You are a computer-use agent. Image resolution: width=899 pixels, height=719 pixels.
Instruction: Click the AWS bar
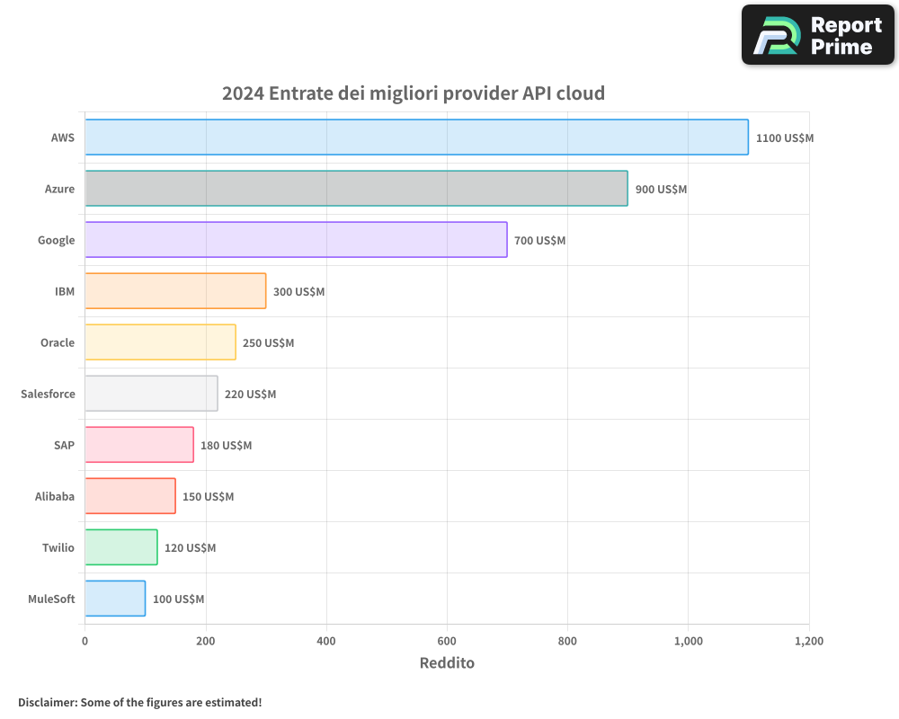[x=416, y=138]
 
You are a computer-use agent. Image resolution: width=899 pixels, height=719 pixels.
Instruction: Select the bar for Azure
[x=356, y=189]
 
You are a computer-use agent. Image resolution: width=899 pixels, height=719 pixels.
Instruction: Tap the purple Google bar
[x=296, y=240]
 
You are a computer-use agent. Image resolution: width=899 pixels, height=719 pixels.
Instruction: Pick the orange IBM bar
[x=175, y=291]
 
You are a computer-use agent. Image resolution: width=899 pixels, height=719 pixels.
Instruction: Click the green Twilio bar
[x=121, y=547]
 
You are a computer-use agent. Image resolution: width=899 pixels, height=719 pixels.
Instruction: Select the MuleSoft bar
[x=115, y=599]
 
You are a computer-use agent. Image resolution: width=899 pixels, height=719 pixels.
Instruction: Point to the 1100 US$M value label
[x=784, y=138]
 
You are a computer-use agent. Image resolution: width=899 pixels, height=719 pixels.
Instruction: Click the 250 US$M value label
[x=268, y=343]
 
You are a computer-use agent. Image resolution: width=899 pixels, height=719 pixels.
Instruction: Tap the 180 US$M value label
[x=226, y=446]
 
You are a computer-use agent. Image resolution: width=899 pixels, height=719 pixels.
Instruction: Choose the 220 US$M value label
[x=250, y=395]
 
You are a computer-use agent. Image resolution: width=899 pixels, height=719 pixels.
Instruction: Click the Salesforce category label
[x=48, y=394]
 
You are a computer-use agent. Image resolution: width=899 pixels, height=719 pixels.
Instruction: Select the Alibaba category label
[x=55, y=496]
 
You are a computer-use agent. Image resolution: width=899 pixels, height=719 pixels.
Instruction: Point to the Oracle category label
[x=58, y=342]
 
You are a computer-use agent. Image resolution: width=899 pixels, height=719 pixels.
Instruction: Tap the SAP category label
[x=64, y=445]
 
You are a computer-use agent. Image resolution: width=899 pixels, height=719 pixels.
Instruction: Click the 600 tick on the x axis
[x=447, y=642]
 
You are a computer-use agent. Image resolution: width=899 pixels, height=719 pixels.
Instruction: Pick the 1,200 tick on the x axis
[x=808, y=642]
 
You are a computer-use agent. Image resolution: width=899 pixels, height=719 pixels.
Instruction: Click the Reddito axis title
[x=447, y=663]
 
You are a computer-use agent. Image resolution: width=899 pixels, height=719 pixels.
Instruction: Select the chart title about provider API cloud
[x=414, y=93]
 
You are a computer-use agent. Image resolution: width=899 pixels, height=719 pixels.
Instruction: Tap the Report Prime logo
[x=818, y=35]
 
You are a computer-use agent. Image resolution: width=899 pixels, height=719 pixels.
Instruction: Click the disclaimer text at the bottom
[x=140, y=702]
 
